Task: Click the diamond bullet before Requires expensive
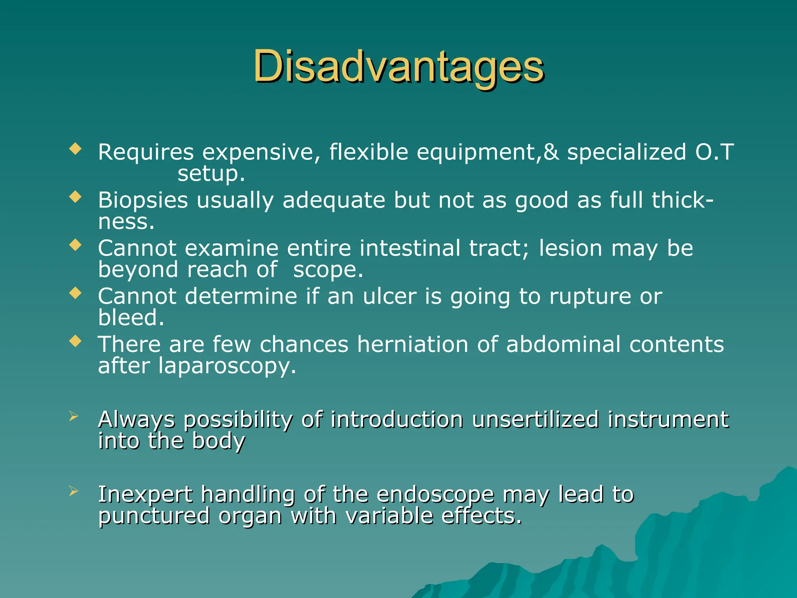tap(75, 149)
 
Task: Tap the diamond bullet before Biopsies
tap(75, 197)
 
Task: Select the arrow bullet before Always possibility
tap(74, 416)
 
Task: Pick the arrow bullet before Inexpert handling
tap(74, 491)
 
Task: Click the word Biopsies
tap(143, 201)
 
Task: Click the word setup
tap(211, 174)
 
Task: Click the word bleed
tap(131, 318)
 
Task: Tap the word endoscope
tap(435, 495)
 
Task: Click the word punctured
tap(154, 517)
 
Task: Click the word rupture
tap(590, 297)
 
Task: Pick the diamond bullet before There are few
tap(75, 341)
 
